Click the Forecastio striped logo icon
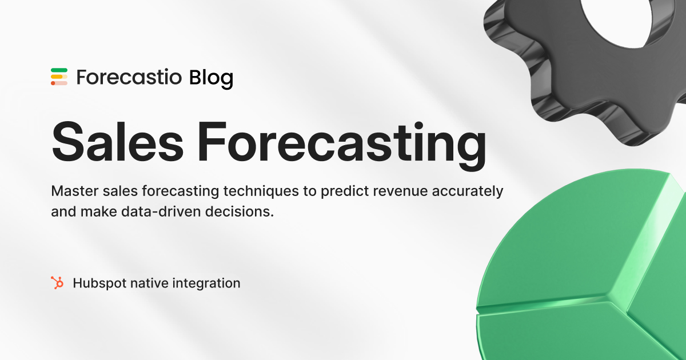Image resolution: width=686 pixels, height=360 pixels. [x=59, y=77]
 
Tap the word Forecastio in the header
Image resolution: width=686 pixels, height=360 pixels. [x=129, y=77]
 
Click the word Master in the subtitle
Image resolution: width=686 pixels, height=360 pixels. [x=71, y=191]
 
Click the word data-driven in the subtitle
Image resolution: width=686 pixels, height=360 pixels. [x=169, y=211]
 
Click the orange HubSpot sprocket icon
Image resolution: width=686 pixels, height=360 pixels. [x=57, y=282]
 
